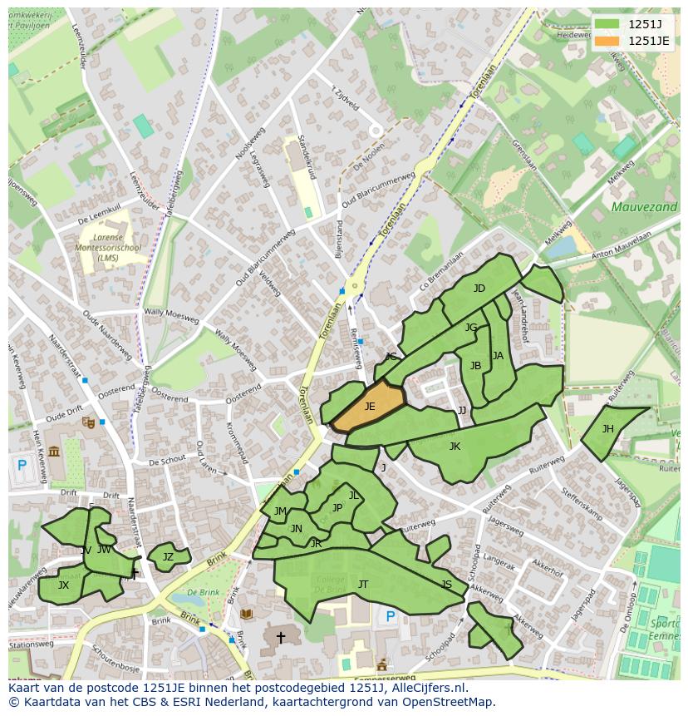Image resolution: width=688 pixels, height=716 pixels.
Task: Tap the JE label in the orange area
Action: click(x=370, y=407)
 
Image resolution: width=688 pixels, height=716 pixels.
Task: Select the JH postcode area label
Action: click(x=608, y=429)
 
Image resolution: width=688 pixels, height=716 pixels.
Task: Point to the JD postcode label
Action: click(x=479, y=289)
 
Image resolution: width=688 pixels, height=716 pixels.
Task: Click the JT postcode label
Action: click(x=363, y=585)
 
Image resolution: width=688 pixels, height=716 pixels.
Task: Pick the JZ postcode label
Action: click(x=168, y=557)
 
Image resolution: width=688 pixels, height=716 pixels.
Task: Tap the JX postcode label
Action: click(x=63, y=585)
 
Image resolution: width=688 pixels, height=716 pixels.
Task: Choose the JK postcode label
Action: click(x=455, y=447)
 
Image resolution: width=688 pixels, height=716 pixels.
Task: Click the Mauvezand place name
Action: click(x=644, y=207)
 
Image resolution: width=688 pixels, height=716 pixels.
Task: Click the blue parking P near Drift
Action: click(x=22, y=466)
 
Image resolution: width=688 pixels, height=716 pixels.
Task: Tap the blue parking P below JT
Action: click(x=391, y=616)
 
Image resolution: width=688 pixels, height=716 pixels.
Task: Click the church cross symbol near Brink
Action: click(x=281, y=638)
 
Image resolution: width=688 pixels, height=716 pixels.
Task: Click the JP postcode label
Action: click(x=337, y=508)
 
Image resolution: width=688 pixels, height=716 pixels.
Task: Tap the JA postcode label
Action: click(x=498, y=356)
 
